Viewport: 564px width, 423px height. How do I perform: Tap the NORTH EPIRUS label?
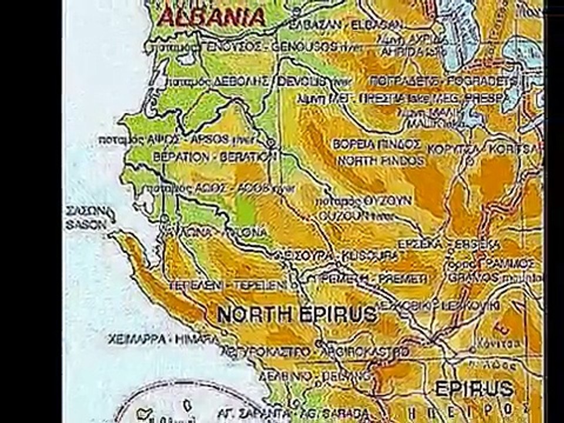pos(297,314)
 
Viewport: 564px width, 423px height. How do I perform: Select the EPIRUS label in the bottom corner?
pos(474,388)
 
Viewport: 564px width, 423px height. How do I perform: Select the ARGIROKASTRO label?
pos(363,352)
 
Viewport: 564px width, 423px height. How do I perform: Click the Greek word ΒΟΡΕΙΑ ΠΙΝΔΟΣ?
pos(377,144)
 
